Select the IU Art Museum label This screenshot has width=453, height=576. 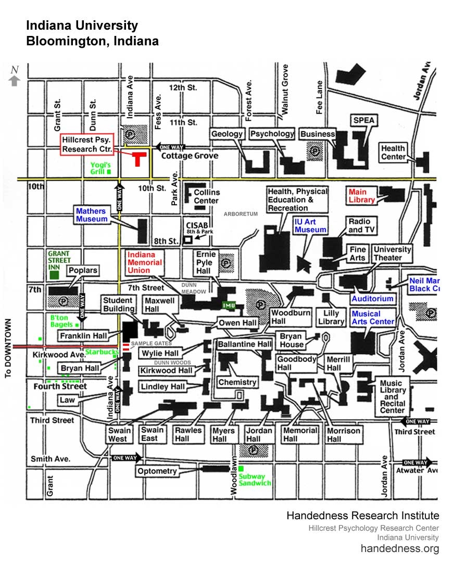tap(310, 226)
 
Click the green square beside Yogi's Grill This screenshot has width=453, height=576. tap(109, 171)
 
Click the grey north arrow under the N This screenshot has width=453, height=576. tap(15, 81)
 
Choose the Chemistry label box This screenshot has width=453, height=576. tap(237, 382)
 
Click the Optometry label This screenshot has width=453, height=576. tap(157, 471)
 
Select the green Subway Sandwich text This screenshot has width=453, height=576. tap(255, 480)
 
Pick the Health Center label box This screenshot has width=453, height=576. tap(393, 153)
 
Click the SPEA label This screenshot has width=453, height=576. tap(364, 120)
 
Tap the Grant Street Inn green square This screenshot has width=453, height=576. tap(58, 274)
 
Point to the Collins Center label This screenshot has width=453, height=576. tap(207, 196)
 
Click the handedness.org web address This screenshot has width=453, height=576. tap(400, 548)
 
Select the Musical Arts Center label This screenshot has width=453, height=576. tap(373, 318)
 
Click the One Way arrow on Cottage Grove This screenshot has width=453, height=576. tap(167, 147)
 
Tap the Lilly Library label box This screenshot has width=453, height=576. tap(331, 317)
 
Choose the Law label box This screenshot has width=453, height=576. tap(67, 400)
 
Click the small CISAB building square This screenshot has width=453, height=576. tap(188, 239)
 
